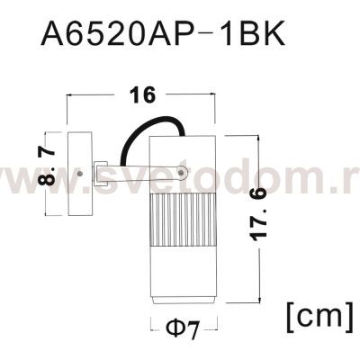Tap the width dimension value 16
coord(141,94)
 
